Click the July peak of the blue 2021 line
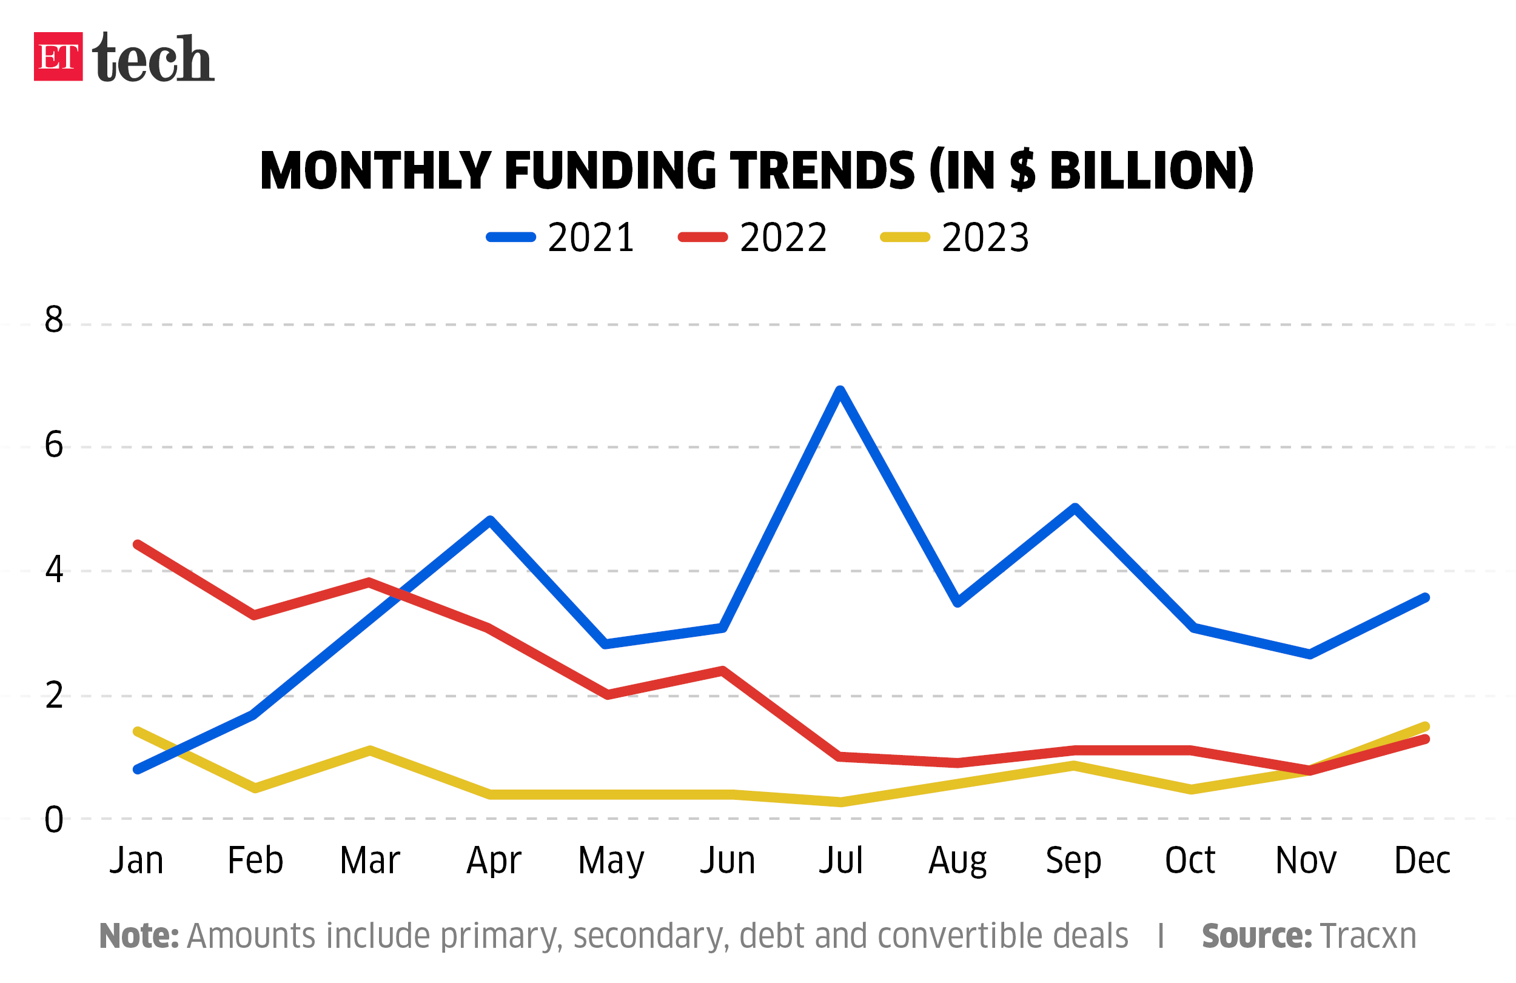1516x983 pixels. click(840, 390)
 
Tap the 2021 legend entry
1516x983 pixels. click(560, 238)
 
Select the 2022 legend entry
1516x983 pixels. click(753, 238)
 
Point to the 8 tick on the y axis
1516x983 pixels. click(54, 319)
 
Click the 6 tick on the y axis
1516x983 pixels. click(54, 445)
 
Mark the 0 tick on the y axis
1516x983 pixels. click(54, 820)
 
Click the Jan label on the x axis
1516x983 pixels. click(136, 861)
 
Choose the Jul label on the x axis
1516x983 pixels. click(840, 861)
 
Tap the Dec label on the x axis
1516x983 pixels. click(1422, 861)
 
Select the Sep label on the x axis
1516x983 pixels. click(1073, 861)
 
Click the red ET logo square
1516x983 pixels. click(58, 56)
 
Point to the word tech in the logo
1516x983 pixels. click(153, 58)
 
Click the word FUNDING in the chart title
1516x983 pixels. click(611, 171)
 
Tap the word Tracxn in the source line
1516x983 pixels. click(1368, 936)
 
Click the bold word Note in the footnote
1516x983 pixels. click(139, 936)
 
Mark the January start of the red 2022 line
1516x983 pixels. click(138, 545)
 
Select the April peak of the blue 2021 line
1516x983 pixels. click(490, 520)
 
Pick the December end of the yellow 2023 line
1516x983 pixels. click(1426, 727)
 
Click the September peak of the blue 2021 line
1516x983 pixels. click(1075, 508)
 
